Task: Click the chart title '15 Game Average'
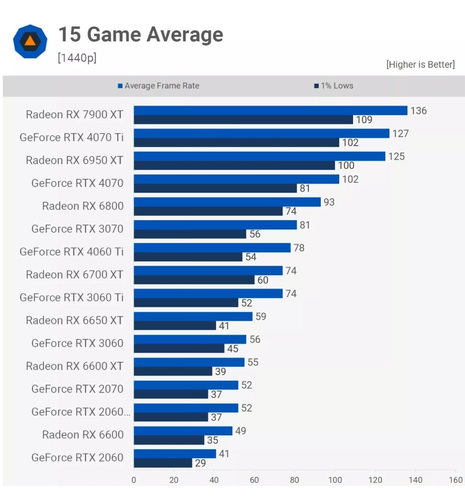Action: (x=140, y=35)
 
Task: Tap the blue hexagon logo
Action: (x=30, y=41)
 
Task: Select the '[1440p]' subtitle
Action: (x=77, y=58)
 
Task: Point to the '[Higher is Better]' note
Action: (x=420, y=65)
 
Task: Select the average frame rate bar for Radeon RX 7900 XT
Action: (x=270, y=111)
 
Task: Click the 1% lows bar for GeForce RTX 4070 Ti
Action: (x=236, y=143)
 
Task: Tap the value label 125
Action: (x=397, y=156)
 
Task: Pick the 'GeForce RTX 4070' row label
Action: (x=77, y=183)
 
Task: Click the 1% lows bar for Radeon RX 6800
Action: (x=208, y=211)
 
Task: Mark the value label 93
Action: (x=329, y=202)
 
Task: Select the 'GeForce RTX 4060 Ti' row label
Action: (x=71, y=251)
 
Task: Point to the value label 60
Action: (x=263, y=280)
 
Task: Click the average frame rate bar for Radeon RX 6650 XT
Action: (x=193, y=316)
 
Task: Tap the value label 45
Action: (x=232, y=349)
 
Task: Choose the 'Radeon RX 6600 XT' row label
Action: (x=74, y=366)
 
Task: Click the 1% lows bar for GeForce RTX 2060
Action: (x=163, y=463)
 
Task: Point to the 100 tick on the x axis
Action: (x=335, y=480)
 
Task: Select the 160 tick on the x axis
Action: (x=456, y=480)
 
